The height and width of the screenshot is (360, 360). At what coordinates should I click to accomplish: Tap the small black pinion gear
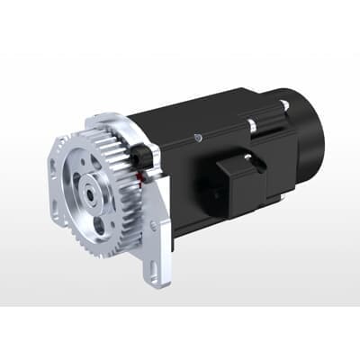140,157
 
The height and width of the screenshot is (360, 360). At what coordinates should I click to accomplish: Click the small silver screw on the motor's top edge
196,137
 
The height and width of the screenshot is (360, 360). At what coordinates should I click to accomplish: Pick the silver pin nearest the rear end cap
284,105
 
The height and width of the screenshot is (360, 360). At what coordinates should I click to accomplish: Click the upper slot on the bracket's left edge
56,166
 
